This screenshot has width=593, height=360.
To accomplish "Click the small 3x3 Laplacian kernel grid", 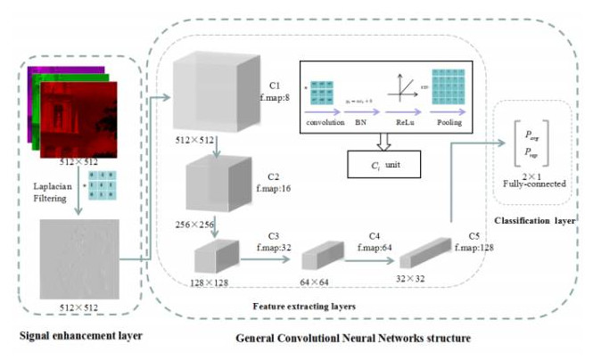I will (111, 186).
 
